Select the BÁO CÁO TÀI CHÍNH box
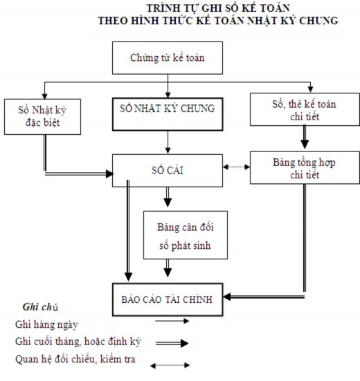tap(166, 299)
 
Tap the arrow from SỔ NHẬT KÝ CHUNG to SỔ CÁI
tap(167, 142)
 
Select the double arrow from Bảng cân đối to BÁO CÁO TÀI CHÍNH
tap(167, 268)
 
